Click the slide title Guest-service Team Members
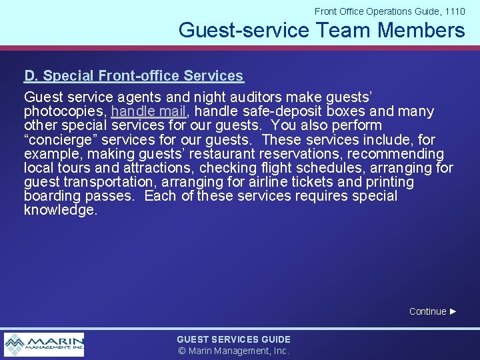(x=321, y=30)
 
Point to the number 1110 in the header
(x=455, y=11)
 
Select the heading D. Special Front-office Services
(x=133, y=76)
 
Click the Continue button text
(x=427, y=311)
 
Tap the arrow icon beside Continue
(x=453, y=311)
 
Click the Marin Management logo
(x=44, y=345)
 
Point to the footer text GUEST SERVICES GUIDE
(x=233, y=339)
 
